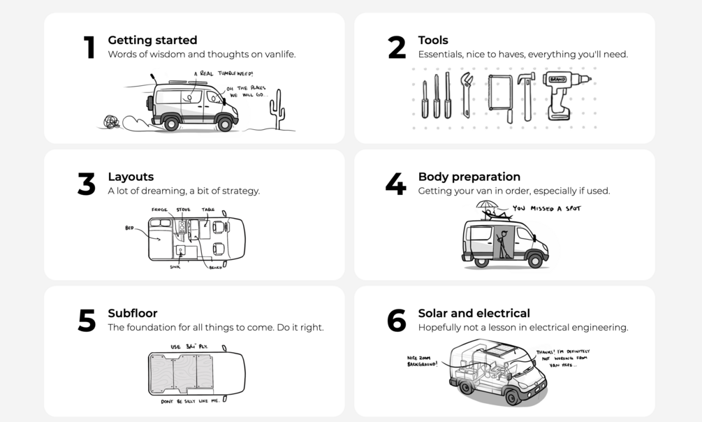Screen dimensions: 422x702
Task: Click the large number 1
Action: [89, 48]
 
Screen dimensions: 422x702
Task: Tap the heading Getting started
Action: [152, 41]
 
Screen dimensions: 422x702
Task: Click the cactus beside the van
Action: [278, 110]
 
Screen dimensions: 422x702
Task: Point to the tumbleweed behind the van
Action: [112, 122]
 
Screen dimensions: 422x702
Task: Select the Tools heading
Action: [433, 41]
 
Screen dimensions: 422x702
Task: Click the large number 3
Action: [86, 184]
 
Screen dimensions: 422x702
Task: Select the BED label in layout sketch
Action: [129, 228]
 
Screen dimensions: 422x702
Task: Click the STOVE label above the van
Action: [183, 210]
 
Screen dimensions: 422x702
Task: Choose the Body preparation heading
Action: [469, 177]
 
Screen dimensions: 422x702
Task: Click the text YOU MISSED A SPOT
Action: [546, 208]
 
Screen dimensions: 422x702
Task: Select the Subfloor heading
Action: [132, 313]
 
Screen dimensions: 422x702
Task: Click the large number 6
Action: [396, 321]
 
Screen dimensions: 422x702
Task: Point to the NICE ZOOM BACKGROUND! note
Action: [423, 361]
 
